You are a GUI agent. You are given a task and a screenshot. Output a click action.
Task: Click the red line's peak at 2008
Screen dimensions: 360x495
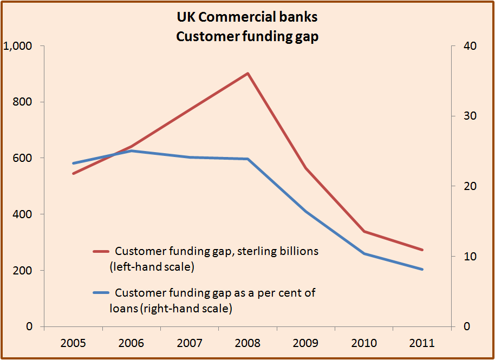[x=248, y=73]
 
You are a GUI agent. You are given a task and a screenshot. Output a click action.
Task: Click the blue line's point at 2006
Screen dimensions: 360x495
[x=131, y=151]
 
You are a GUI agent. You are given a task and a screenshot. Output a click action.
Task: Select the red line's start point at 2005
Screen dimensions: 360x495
[x=73, y=174]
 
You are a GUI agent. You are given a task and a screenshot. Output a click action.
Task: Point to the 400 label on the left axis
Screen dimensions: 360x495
[x=21, y=214]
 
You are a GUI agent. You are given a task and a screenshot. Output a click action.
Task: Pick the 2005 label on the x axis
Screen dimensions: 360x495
[x=73, y=343]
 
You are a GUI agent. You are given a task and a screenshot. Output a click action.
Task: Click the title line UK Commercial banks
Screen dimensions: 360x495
[x=247, y=17]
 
